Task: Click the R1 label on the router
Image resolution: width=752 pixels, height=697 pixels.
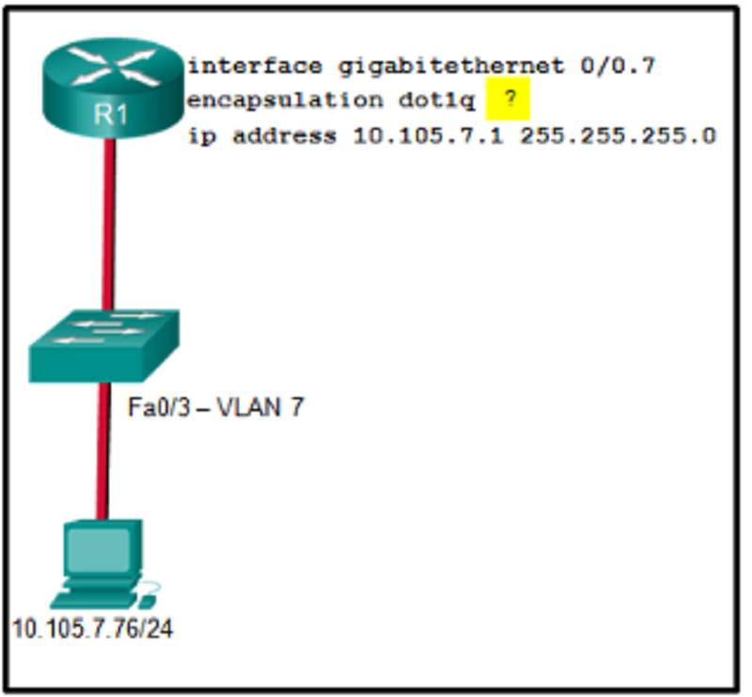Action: click(x=111, y=115)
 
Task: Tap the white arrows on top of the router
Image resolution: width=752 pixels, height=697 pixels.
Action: click(x=113, y=66)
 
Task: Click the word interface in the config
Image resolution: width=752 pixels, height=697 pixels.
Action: click(x=255, y=66)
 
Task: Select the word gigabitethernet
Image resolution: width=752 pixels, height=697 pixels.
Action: click(x=451, y=67)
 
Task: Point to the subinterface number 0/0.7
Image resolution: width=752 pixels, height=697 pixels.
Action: click(x=618, y=66)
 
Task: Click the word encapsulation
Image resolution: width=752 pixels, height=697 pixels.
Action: click(x=285, y=101)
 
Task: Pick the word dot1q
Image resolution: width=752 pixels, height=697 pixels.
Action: click(x=436, y=101)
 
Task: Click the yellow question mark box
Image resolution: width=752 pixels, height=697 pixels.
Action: click(x=508, y=99)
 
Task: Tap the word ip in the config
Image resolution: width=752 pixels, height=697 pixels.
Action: click(x=201, y=136)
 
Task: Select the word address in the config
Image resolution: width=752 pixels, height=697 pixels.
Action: click(x=285, y=135)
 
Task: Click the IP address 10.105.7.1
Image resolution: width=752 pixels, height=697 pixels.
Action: click(x=429, y=135)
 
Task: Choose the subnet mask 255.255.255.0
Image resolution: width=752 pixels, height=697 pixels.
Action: click(x=619, y=135)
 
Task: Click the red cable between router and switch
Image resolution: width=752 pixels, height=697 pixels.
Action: click(x=108, y=225)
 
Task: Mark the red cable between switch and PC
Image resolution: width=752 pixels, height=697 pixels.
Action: click(x=102, y=451)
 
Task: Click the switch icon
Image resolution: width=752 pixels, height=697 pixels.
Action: click(x=104, y=346)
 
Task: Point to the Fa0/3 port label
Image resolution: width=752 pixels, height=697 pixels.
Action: click(x=159, y=408)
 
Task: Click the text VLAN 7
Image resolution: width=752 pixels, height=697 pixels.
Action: click(x=260, y=408)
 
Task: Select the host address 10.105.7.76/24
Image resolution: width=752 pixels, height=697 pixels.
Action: click(x=92, y=628)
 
